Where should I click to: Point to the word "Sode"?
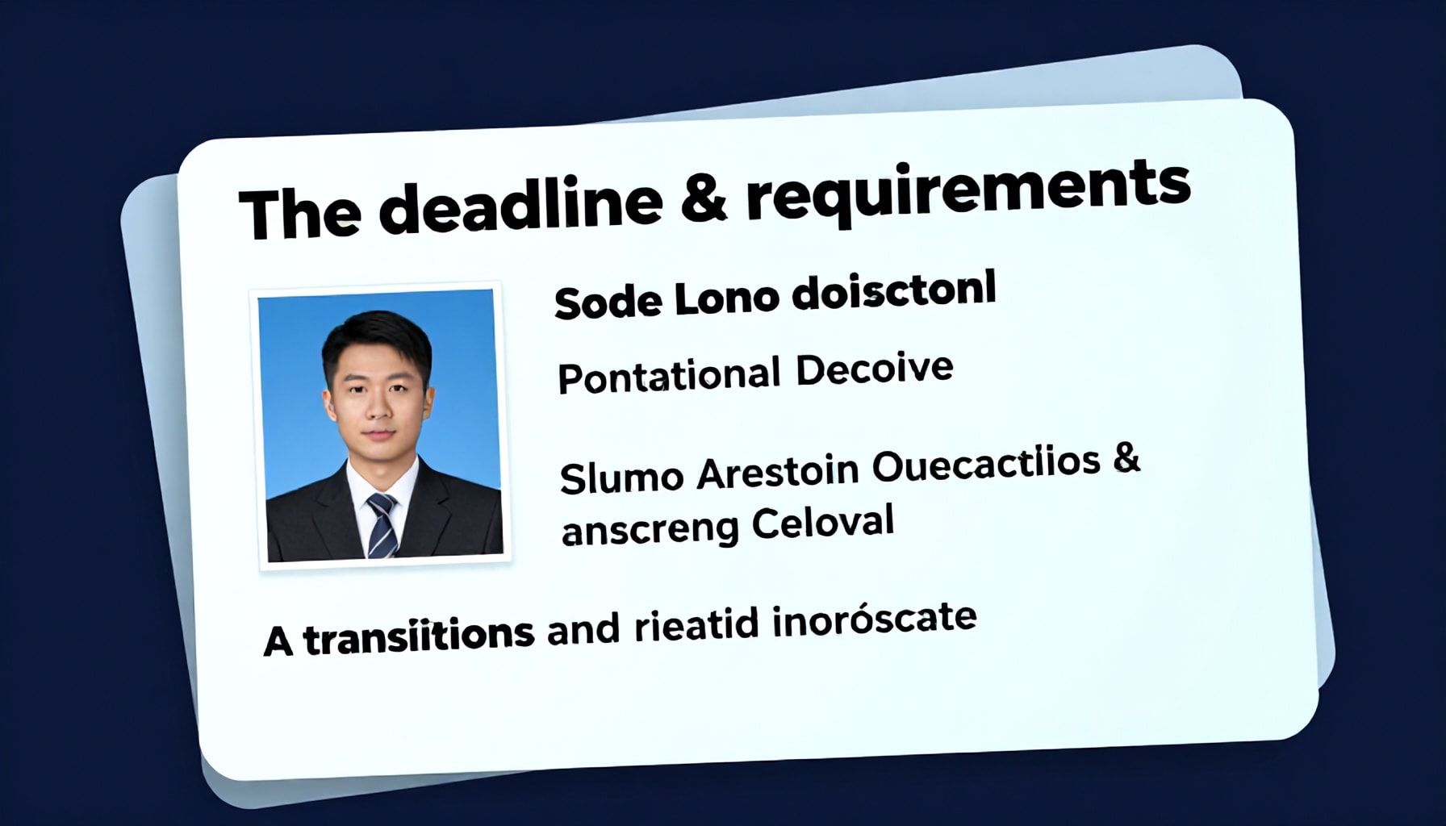pos(606,303)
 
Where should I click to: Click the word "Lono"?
pos(726,299)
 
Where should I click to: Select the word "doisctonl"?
pos(894,291)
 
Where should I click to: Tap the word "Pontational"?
pos(669,377)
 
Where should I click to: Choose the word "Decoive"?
pos(874,369)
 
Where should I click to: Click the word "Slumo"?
pos(621,478)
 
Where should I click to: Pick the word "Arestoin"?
pos(777,471)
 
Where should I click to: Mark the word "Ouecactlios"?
pos(986,464)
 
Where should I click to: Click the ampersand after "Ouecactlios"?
pos(1126,457)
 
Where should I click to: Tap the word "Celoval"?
pos(823,523)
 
